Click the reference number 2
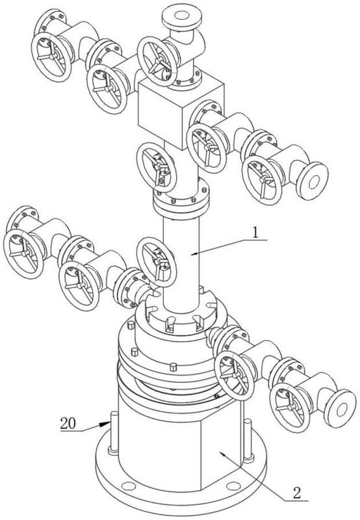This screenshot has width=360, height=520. [297, 493]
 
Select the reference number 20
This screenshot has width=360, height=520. [68, 424]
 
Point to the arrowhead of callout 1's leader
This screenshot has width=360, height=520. [192, 254]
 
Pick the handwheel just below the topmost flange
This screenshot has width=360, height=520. [157, 61]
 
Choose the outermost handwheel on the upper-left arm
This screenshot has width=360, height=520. [51, 57]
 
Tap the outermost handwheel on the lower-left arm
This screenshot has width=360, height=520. [23, 253]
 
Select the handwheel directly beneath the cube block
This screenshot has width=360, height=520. [156, 168]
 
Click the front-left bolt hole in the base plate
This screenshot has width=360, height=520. [128, 486]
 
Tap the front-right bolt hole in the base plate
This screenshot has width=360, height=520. [233, 486]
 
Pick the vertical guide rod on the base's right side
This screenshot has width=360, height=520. [248, 441]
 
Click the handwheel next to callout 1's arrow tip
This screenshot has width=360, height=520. [156, 262]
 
